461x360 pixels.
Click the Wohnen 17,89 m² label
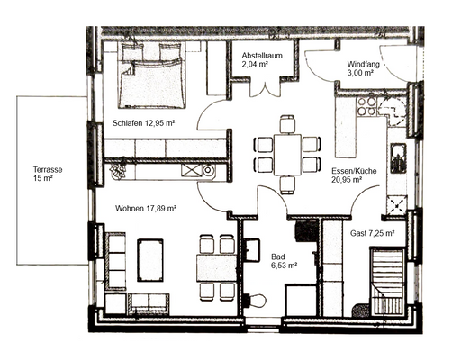coord(145,208)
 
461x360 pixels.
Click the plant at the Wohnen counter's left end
coord(117,168)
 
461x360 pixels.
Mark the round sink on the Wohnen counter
coord(207,169)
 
